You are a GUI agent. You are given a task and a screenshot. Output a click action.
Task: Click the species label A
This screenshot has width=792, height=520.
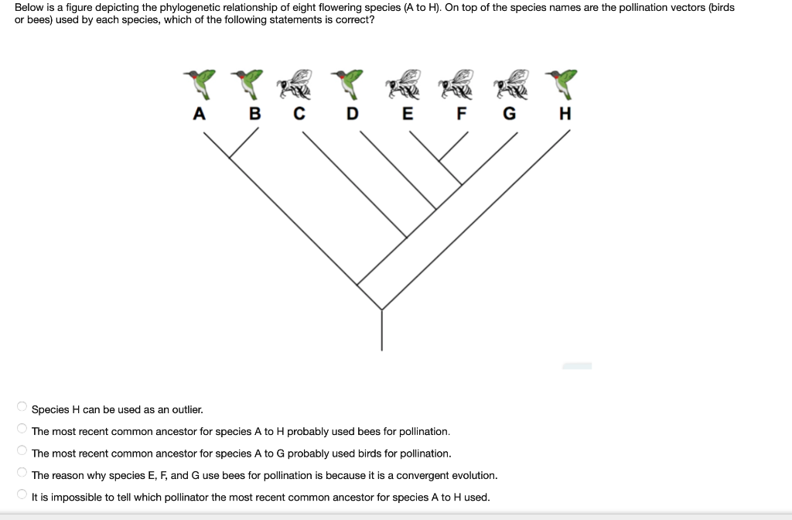tap(200, 114)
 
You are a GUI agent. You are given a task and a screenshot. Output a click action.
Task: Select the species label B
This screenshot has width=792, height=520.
tap(254, 114)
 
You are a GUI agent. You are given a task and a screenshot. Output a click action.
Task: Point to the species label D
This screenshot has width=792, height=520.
tap(353, 114)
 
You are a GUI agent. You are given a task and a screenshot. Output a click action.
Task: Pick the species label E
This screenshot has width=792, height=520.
tap(408, 114)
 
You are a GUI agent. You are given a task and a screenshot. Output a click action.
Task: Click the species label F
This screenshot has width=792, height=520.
tap(462, 114)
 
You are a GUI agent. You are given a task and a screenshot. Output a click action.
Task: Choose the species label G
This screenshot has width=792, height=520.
tap(509, 114)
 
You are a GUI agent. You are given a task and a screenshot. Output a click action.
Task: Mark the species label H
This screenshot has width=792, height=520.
tap(565, 114)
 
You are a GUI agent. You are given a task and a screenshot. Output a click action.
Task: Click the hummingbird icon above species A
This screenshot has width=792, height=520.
tap(201, 82)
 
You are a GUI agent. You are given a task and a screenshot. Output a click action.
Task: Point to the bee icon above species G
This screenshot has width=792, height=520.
tap(511, 84)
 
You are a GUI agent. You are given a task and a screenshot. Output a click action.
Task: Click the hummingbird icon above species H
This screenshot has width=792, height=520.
tap(564, 82)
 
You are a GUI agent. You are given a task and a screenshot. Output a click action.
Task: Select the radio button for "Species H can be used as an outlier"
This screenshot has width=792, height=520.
tap(22, 407)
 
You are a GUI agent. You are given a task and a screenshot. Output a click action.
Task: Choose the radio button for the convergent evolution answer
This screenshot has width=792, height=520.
tap(22, 473)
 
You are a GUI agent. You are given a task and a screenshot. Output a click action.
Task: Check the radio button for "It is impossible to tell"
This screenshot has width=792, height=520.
tap(22, 495)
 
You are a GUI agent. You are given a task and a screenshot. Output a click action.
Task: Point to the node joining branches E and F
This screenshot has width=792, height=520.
tap(439, 160)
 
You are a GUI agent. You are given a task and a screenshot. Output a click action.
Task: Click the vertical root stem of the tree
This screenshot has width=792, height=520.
tap(382, 329)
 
